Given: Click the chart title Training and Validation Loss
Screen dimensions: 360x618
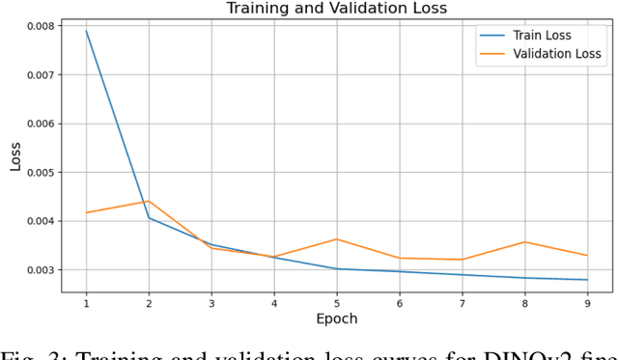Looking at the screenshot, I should pos(336,9).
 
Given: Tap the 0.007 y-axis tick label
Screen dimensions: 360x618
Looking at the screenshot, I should pos(37,74).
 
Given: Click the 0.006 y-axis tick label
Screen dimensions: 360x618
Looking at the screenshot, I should pos(37,124).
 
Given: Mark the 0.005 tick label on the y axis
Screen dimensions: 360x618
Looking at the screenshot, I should pos(37,172).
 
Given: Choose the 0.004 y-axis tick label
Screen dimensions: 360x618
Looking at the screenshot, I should pos(37,221).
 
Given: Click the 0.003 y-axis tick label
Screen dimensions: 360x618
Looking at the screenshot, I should pos(37,270).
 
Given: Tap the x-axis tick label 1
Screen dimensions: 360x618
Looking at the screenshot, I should pos(86,302).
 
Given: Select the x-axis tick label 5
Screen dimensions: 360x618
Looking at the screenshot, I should pos(336,302).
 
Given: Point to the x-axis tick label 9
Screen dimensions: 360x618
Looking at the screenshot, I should pos(586,302).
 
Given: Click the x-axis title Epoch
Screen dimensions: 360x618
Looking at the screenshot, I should pos(336,318).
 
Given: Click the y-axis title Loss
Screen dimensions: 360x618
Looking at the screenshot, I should pos(14,155).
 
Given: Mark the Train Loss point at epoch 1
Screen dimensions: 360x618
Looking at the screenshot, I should pos(86,31).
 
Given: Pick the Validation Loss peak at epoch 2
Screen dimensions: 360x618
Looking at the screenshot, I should pos(149,201).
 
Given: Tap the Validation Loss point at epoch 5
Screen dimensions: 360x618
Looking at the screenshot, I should pos(336,238).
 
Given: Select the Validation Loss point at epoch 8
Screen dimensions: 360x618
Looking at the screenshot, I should pos(523,241).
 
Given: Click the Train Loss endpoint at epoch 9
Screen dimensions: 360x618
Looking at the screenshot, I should pos(586,280).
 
